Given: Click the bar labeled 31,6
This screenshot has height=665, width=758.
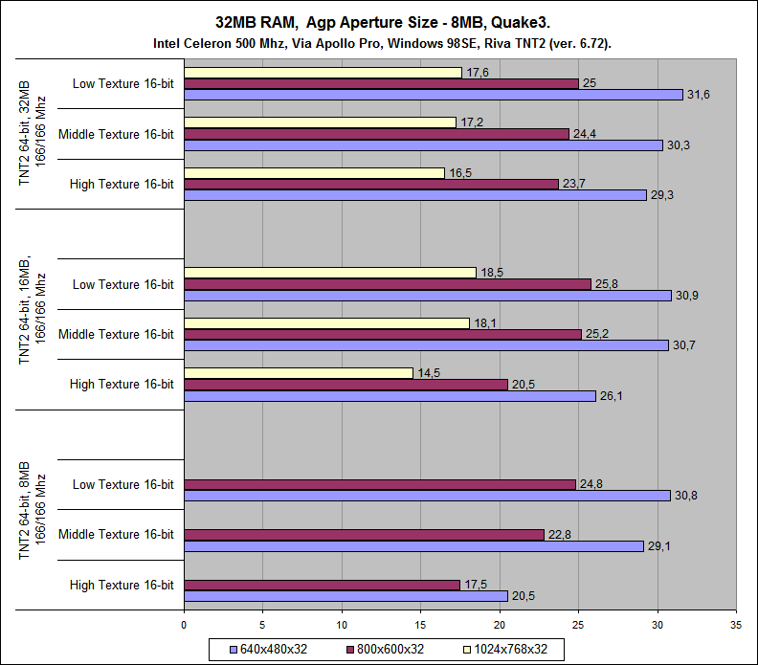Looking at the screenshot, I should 433,95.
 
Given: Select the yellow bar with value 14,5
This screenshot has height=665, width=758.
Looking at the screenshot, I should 298,373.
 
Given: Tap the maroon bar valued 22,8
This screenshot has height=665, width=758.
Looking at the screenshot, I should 364,535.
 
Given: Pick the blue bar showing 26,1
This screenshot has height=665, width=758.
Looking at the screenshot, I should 389,396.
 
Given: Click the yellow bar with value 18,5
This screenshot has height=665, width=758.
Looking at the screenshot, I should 329,273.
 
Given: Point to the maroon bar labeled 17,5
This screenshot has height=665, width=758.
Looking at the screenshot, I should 322,585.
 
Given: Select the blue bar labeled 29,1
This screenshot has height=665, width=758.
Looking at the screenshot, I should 413,546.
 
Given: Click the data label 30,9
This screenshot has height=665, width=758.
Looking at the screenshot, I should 686,296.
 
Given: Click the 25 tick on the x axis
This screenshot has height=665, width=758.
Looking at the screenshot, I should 578,624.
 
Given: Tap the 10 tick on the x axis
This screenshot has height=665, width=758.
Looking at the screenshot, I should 342,624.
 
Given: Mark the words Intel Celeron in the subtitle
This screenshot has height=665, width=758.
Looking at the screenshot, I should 192,43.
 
